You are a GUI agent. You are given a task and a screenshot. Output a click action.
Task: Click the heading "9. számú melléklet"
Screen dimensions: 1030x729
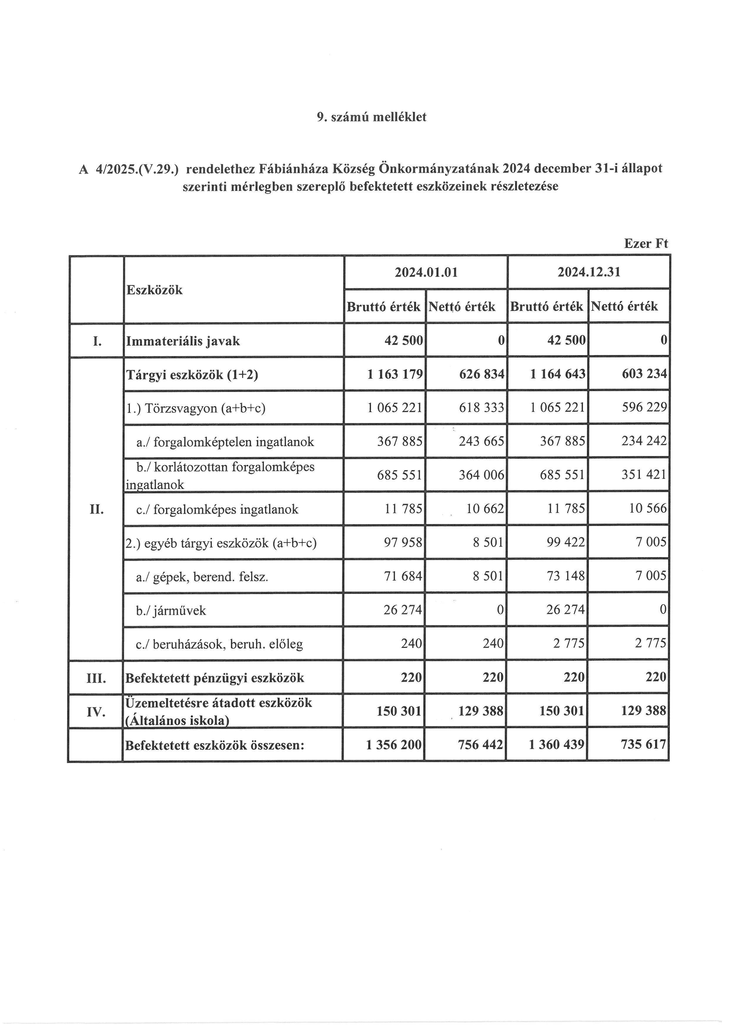coord(371,117)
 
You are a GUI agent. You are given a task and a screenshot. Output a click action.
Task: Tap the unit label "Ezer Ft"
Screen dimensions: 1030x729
coord(646,243)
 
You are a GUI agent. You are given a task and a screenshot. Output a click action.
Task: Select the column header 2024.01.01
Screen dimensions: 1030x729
coord(426,272)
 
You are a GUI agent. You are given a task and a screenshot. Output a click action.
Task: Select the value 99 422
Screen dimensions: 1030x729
coord(566,542)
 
